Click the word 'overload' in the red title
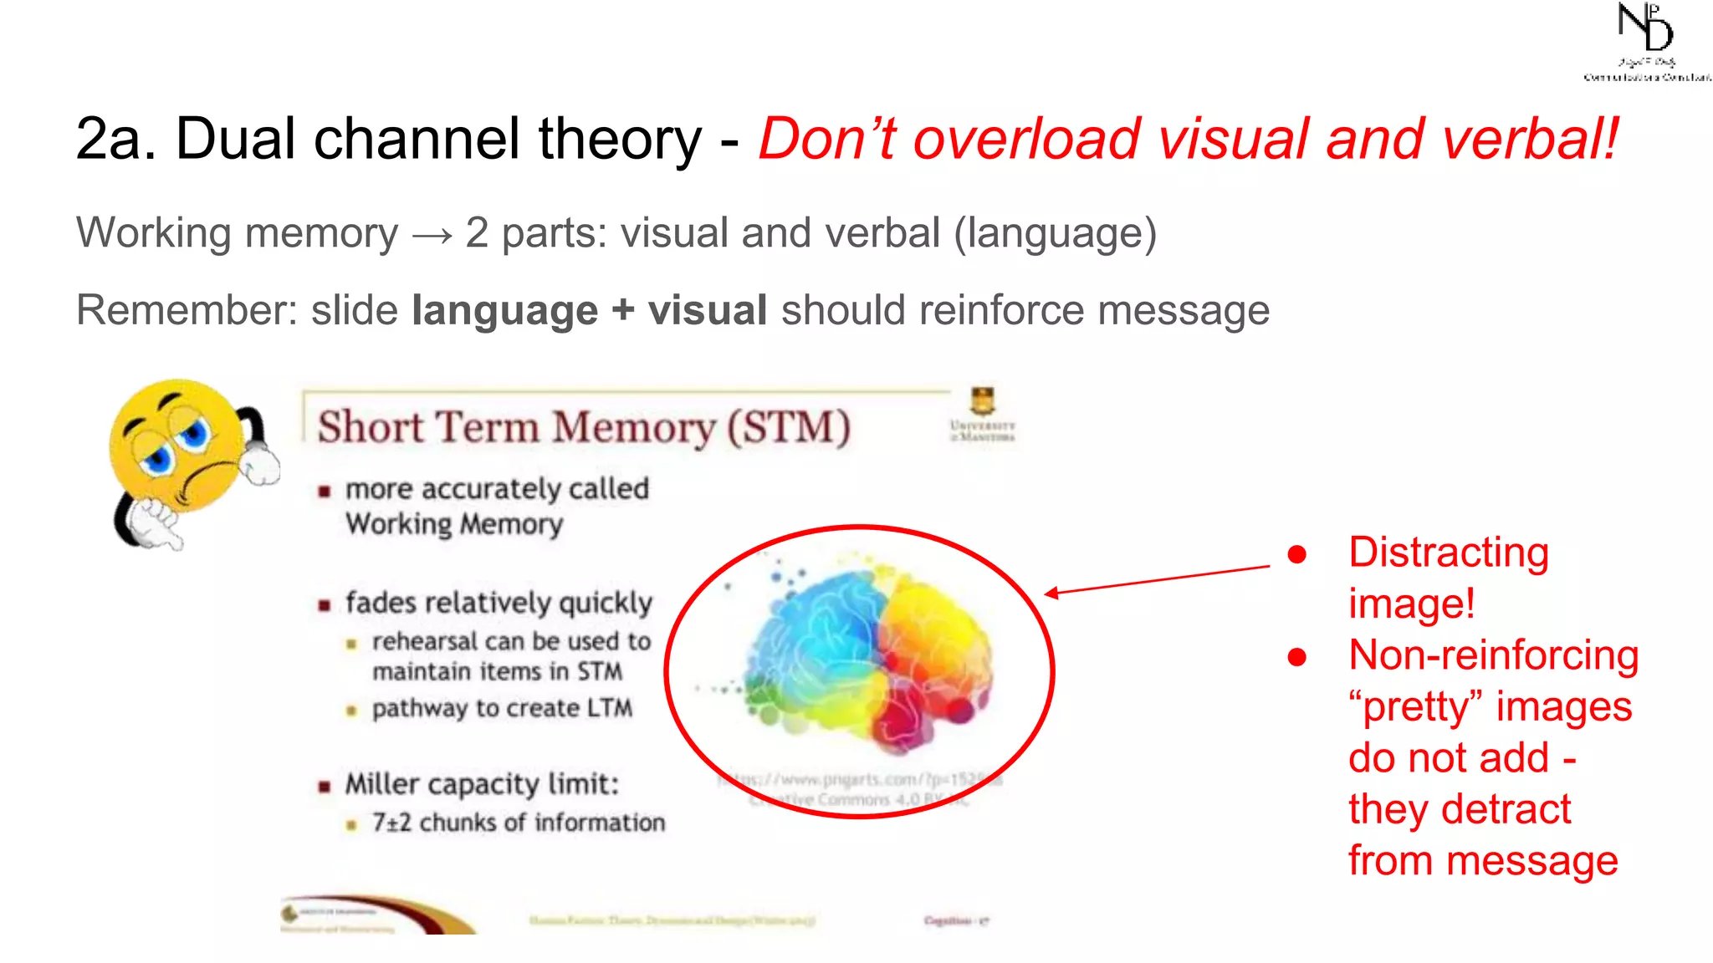point(1026,139)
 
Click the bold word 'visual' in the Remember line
point(708,310)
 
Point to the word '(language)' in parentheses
point(1055,233)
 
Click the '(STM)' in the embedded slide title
point(788,427)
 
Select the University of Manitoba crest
point(982,401)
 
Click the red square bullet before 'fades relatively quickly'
point(325,604)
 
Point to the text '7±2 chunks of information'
point(519,823)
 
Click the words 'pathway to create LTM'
point(502,708)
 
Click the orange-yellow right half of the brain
point(933,635)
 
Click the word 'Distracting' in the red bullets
point(1448,553)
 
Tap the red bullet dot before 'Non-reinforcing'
point(1296,657)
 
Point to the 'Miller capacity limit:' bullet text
point(482,784)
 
